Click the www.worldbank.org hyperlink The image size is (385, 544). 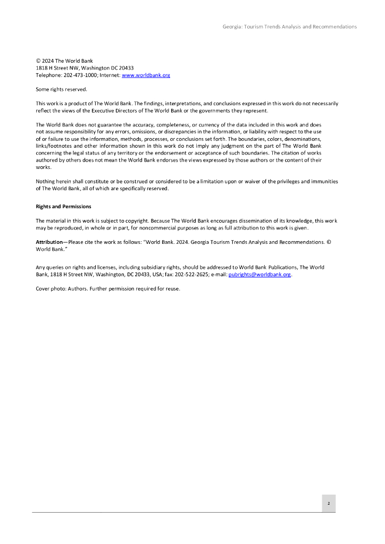tap(146, 75)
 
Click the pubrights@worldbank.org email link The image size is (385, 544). tap(260, 275)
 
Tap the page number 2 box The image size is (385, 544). tap(328, 503)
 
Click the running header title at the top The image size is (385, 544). tap(289, 27)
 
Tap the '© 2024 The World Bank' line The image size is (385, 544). tap(64, 61)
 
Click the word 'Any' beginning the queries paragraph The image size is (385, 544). tap(40, 267)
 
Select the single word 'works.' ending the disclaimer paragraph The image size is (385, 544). tap(43, 167)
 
